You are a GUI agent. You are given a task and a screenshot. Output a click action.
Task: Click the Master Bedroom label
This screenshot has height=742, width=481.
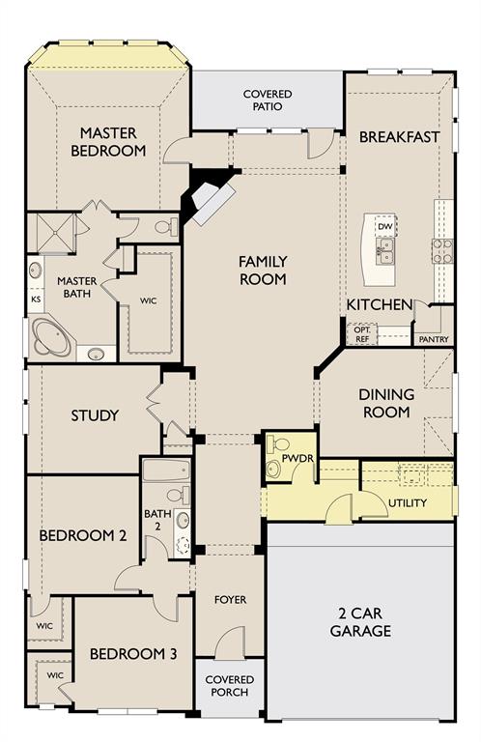108,141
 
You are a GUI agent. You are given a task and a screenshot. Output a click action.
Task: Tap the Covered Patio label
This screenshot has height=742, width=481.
268,100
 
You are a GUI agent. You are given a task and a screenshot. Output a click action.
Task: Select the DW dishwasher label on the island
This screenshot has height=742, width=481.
385,227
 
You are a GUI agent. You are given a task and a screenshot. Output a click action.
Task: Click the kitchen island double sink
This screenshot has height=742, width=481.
385,251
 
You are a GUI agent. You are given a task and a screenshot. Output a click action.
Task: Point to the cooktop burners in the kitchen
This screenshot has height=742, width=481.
442,251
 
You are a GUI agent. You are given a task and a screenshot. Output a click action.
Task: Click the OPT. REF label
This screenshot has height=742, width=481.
362,334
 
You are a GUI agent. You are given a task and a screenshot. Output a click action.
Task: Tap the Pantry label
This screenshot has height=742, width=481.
434,339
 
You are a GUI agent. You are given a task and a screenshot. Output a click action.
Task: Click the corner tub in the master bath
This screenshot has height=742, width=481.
51,337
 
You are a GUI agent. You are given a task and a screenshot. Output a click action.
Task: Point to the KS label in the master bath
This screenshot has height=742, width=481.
36,300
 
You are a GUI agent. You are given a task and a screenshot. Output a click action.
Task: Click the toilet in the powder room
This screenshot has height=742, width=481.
278,444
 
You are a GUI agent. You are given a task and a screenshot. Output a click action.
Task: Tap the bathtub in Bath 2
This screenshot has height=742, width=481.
166,471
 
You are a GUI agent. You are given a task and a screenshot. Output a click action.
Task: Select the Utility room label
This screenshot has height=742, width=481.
408,502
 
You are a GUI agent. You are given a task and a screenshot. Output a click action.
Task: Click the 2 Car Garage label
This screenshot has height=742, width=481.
360,622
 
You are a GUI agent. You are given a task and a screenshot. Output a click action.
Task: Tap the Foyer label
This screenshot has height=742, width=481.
230,600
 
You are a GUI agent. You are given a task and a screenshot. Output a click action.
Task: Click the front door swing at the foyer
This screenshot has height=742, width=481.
230,642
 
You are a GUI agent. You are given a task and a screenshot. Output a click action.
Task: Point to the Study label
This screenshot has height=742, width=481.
95,415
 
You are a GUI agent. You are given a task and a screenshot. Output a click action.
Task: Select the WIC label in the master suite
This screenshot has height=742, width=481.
148,300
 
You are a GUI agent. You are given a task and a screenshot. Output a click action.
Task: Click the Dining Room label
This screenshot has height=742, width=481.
386,403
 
